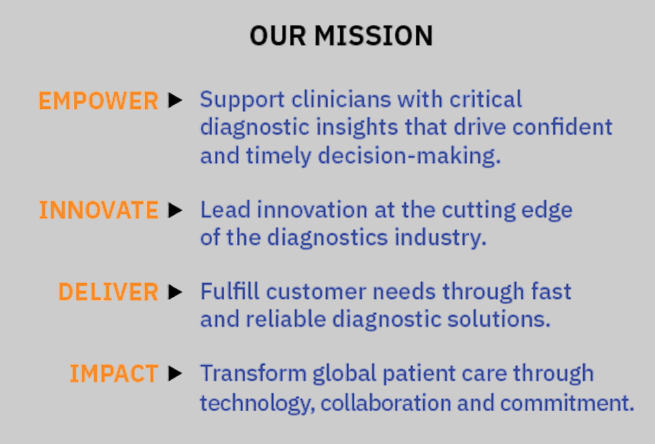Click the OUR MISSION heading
coord(341,36)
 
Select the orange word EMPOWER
coord(99,101)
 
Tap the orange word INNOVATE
coord(99,210)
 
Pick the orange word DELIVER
coord(108,292)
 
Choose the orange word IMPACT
coord(113,373)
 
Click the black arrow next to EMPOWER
coord(175,100)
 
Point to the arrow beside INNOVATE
coord(175,210)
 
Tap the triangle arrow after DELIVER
coord(175,292)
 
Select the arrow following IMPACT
coord(175,373)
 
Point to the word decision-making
coord(409,156)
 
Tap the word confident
coord(562,127)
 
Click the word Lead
coord(225,209)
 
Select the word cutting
coord(478,210)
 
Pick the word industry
coord(441,238)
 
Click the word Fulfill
coord(230,292)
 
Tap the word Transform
coord(254,373)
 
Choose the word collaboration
coord(386,403)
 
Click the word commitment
coord(567,403)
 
